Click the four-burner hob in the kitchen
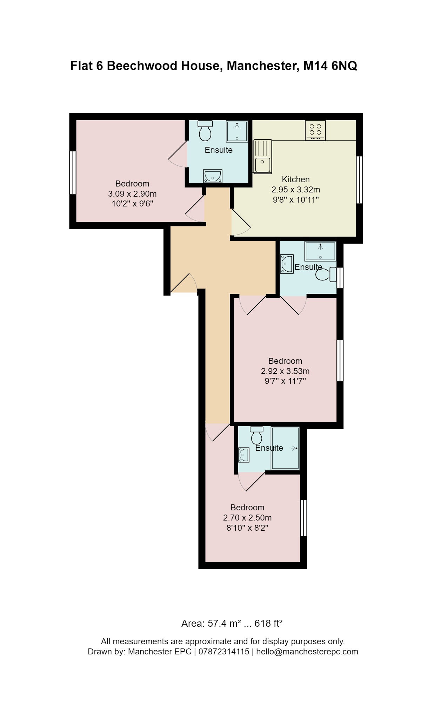(x=315, y=130)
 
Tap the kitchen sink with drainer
(x=262, y=156)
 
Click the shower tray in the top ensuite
(x=237, y=131)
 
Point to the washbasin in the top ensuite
(x=213, y=176)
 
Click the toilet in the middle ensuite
(x=326, y=274)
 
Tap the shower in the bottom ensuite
(x=285, y=448)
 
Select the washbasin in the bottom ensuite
(x=243, y=455)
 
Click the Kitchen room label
(x=295, y=179)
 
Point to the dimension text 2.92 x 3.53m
(x=285, y=371)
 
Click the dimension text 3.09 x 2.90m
(x=132, y=193)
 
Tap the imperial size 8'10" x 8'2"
(x=247, y=528)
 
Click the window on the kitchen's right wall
(x=359, y=180)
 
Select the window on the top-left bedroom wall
(x=73, y=172)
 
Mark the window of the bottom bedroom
(x=303, y=518)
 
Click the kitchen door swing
(x=241, y=223)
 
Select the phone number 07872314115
(x=223, y=652)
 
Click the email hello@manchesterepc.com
(x=307, y=652)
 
